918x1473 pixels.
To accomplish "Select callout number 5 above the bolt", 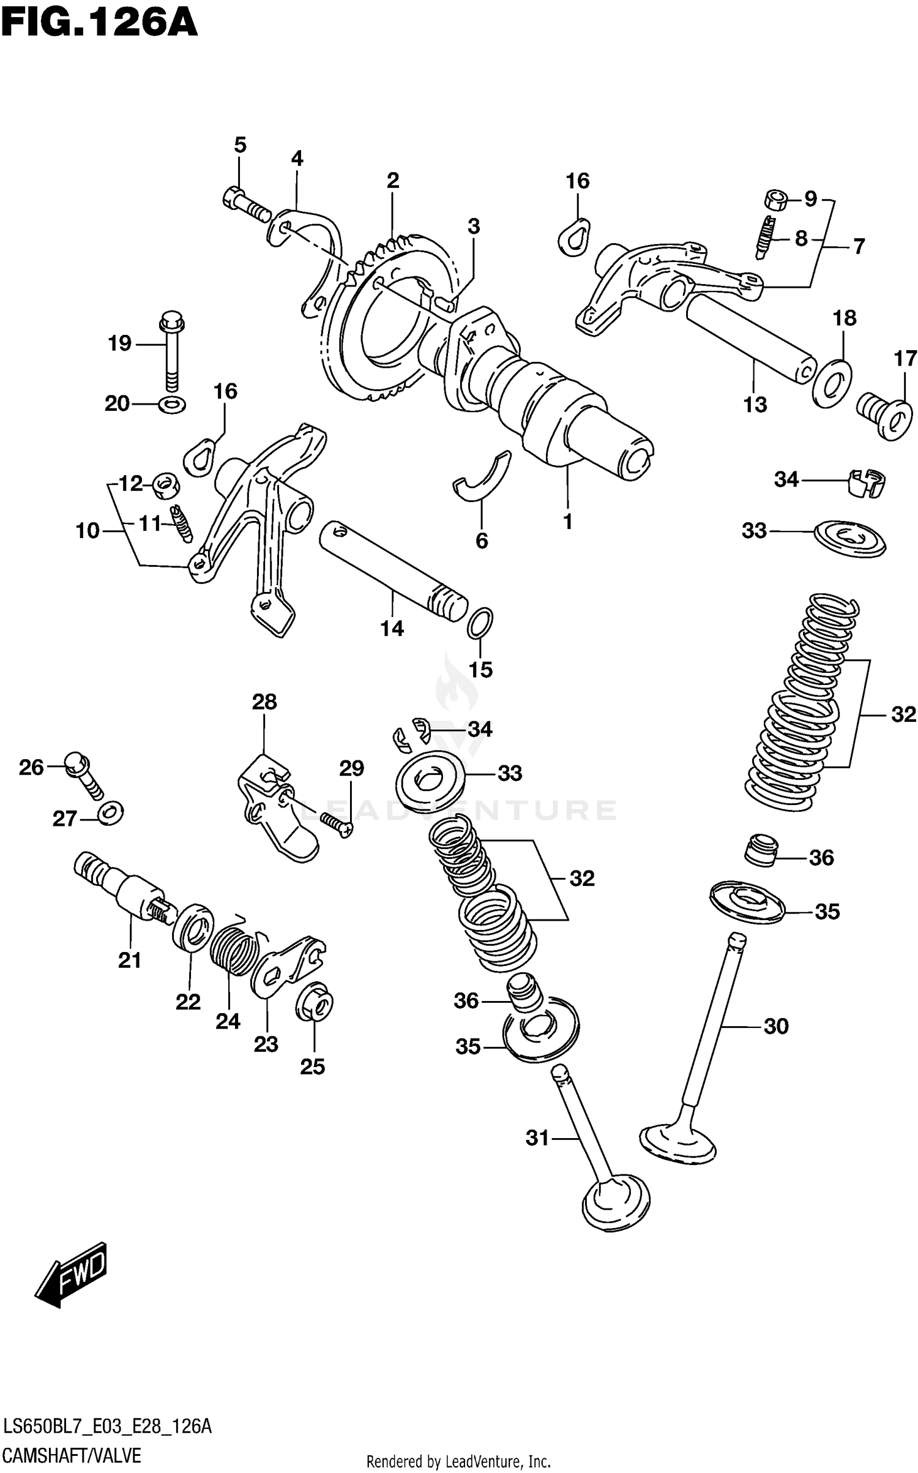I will [240, 146].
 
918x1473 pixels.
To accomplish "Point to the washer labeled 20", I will [172, 404].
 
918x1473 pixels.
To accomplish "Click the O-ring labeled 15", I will [480, 623].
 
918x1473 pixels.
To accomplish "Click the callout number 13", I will [755, 405].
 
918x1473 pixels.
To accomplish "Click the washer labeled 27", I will [111, 812].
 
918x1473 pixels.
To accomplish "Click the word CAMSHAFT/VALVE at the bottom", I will [72, 1455].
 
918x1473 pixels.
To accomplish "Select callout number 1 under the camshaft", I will [568, 522].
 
